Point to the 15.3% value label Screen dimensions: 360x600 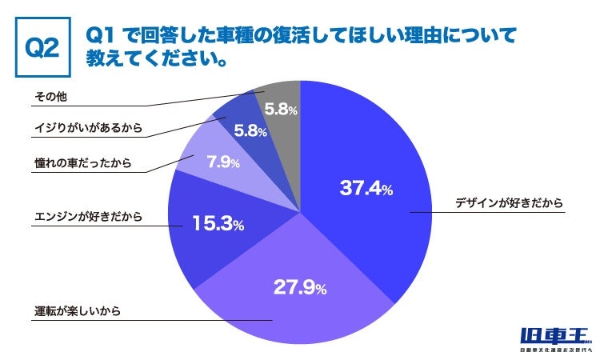[x=217, y=225]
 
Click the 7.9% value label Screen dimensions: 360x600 [x=223, y=162]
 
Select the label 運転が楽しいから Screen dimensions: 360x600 [x=78, y=311]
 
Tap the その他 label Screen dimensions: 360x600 [x=49, y=96]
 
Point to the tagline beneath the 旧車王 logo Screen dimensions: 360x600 [x=554, y=350]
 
